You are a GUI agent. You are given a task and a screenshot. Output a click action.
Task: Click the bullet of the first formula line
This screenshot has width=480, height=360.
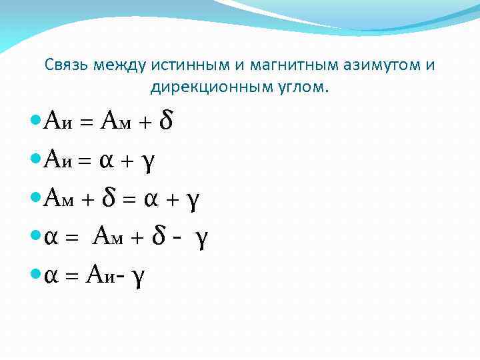pos(36,121)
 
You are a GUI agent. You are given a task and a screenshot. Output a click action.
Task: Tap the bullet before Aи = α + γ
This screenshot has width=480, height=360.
pos(36,159)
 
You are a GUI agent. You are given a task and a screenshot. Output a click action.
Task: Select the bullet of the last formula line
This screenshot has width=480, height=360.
pos(36,275)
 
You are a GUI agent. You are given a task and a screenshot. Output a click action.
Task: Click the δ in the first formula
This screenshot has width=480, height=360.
pos(167,121)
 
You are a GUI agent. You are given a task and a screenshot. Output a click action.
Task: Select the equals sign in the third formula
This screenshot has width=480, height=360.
pos(129,199)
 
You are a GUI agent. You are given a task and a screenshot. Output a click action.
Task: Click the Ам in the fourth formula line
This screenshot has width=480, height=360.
pos(108,237)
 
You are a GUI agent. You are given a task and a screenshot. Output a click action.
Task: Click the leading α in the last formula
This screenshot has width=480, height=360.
pos(49,277)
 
